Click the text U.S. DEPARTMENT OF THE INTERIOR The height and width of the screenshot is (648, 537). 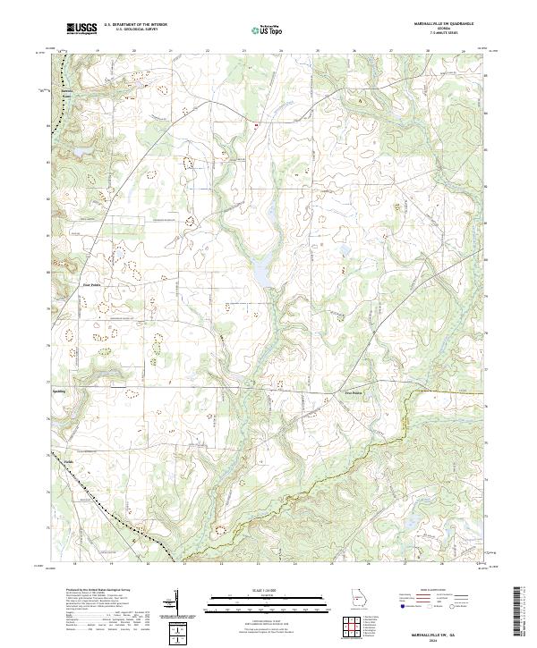[x=135, y=25]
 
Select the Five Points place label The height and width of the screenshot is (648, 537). [x=356, y=391]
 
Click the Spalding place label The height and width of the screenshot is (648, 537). [x=59, y=391]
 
